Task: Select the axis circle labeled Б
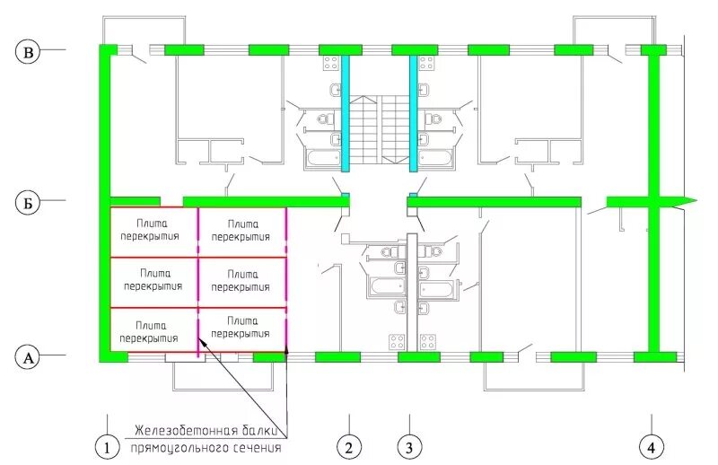(29, 203)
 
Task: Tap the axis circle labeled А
(29, 357)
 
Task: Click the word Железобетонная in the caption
(181, 429)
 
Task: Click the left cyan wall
(345, 112)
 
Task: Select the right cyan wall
(414, 112)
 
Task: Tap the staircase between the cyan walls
(379, 130)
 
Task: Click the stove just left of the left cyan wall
(330, 63)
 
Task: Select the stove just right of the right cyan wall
(428, 63)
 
